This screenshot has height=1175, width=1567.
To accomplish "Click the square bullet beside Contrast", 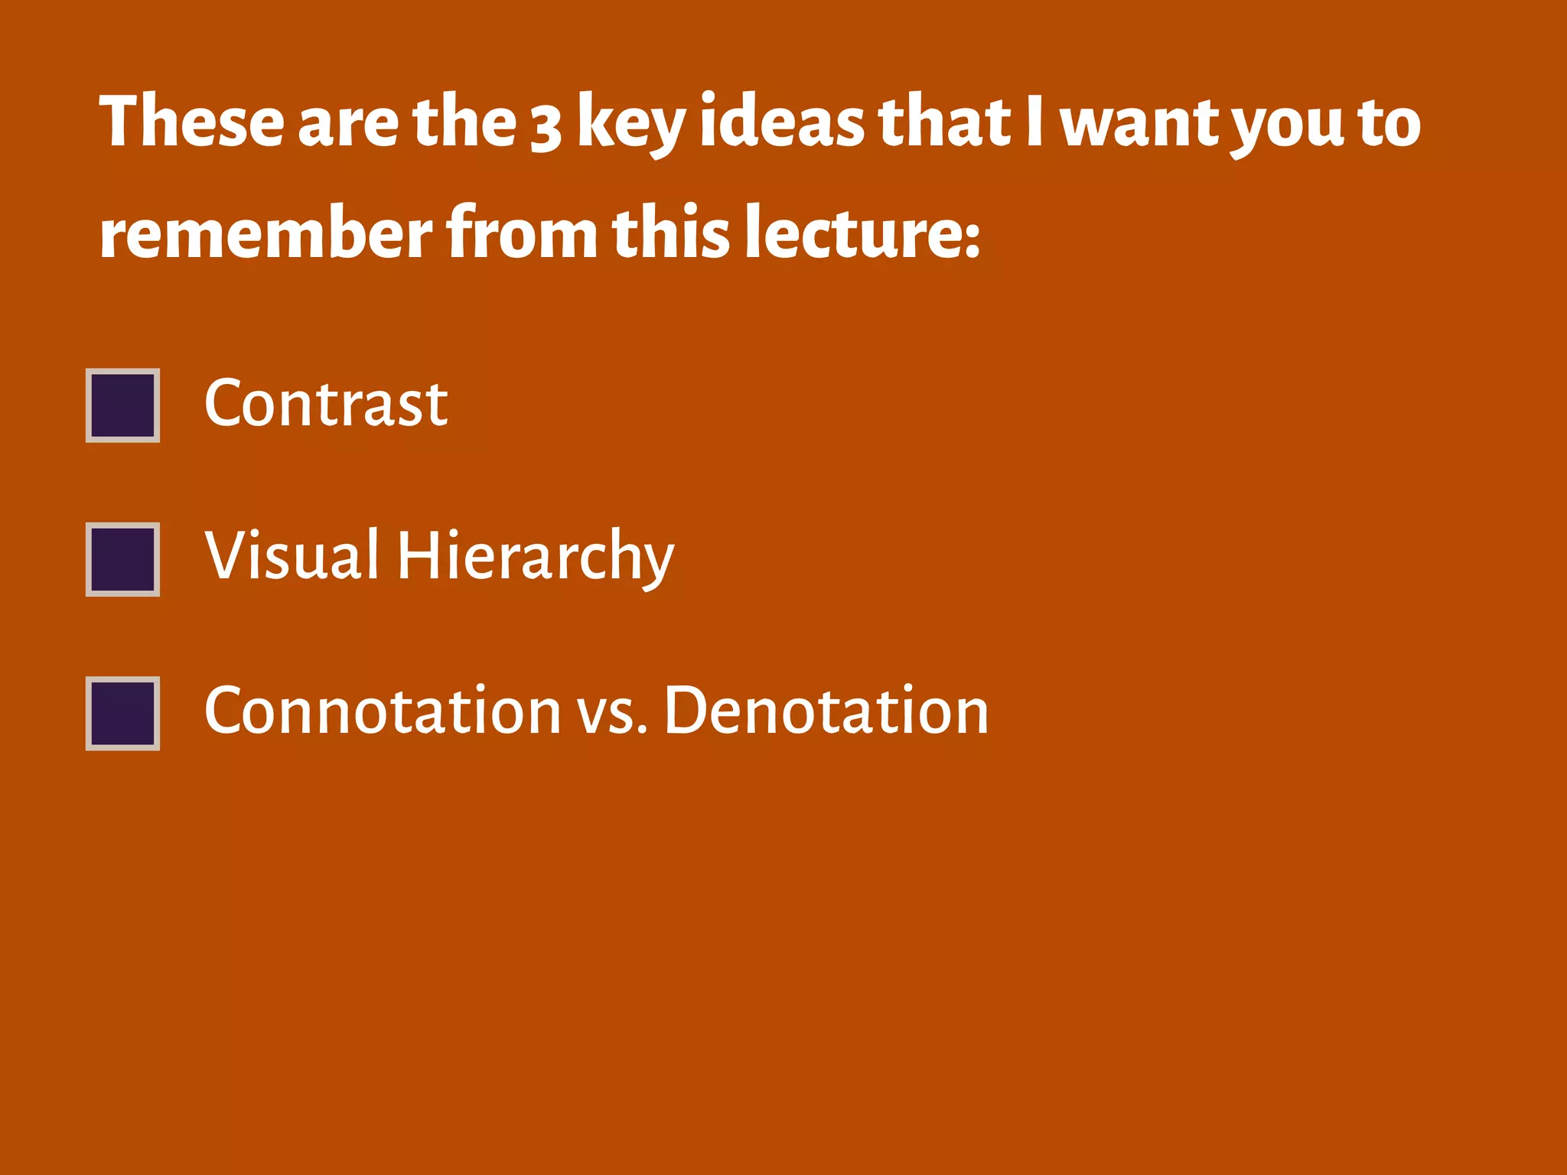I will coord(122,405).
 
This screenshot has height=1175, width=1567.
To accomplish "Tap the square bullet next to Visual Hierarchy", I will coord(122,559).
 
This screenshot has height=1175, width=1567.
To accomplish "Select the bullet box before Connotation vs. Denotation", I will coord(122,713).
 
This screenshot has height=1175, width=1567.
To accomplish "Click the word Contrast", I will coord(326,403).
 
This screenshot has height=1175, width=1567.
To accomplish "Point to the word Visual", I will coord(292,555).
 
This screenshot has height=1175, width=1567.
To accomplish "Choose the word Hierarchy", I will coord(536,557).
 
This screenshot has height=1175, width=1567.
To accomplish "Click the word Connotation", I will coord(383,711).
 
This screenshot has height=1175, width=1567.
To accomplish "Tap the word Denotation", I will coord(826,711).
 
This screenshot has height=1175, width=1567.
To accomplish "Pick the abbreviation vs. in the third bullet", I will coord(612,713).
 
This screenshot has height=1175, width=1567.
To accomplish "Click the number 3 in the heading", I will coord(546,125).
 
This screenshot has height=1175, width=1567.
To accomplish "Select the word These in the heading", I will coord(191,121).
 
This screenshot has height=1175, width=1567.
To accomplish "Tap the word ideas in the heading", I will coord(782,121).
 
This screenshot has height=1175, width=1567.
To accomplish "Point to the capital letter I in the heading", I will coord(1034,121).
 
